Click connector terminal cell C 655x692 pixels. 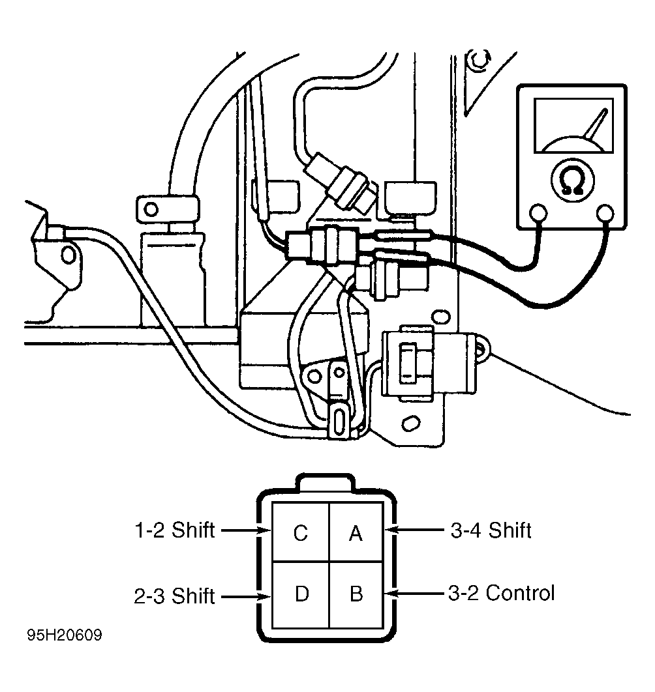tap(301, 532)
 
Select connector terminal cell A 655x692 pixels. tap(356, 532)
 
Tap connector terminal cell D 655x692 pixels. tap(301, 594)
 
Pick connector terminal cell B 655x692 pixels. tap(356, 594)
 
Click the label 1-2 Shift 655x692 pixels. tap(175, 530)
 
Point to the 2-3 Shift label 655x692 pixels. tap(175, 596)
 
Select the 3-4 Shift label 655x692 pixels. tap(491, 530)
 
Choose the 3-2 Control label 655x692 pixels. tap(502, 593)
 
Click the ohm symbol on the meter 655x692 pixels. tap(572, 181)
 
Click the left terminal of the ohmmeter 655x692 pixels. tap(538, 213)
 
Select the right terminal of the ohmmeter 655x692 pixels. tap(605, 213)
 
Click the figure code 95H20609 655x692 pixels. tap(65, 635)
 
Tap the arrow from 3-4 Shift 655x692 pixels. tap(414, 529)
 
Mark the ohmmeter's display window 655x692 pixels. tap(573, 126)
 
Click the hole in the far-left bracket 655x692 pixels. tap(68, 254)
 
